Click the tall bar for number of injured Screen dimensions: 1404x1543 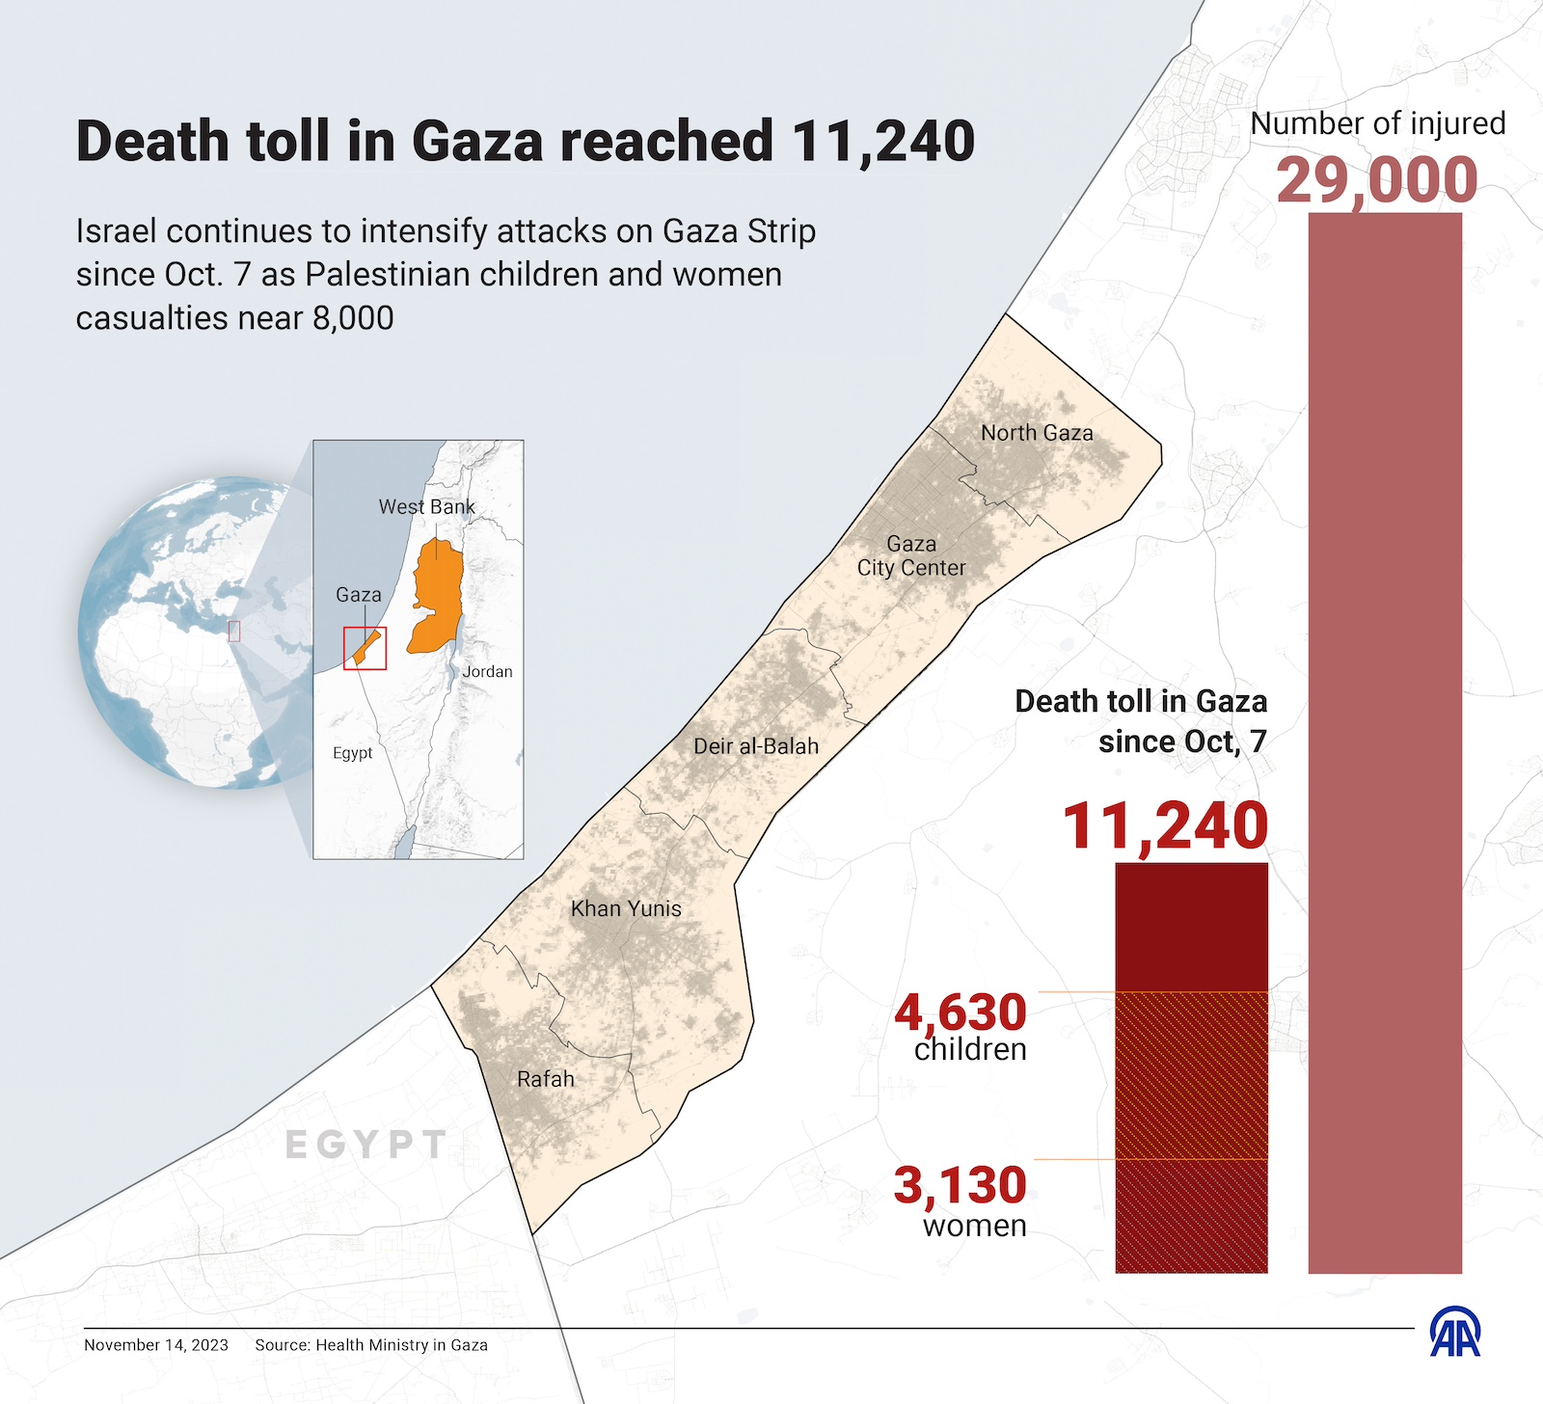click(1385, 742)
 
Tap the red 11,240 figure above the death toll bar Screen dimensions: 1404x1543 click(1165, 825)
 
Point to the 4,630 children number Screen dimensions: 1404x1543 click(961, 1012)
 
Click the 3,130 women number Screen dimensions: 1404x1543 click(961, 1184)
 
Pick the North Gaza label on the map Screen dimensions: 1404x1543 click(1037, 433)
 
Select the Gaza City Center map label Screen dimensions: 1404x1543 click(911, 556)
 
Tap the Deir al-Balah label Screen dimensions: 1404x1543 click(756, 745)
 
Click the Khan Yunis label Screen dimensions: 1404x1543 click(626, 908)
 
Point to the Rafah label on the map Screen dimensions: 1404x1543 click(546, 1079)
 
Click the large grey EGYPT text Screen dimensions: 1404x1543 click(367, 1145)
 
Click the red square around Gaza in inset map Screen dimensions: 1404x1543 click(365, 648)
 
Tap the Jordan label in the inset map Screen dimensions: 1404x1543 click(487, 671)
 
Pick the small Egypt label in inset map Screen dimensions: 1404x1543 click(352, 753)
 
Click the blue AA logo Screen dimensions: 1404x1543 click(1454, 1333)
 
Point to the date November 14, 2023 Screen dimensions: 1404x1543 click(156, 1345)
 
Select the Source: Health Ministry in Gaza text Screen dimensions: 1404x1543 click(371, 1345)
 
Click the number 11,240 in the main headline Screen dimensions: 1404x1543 click(883, 141)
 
